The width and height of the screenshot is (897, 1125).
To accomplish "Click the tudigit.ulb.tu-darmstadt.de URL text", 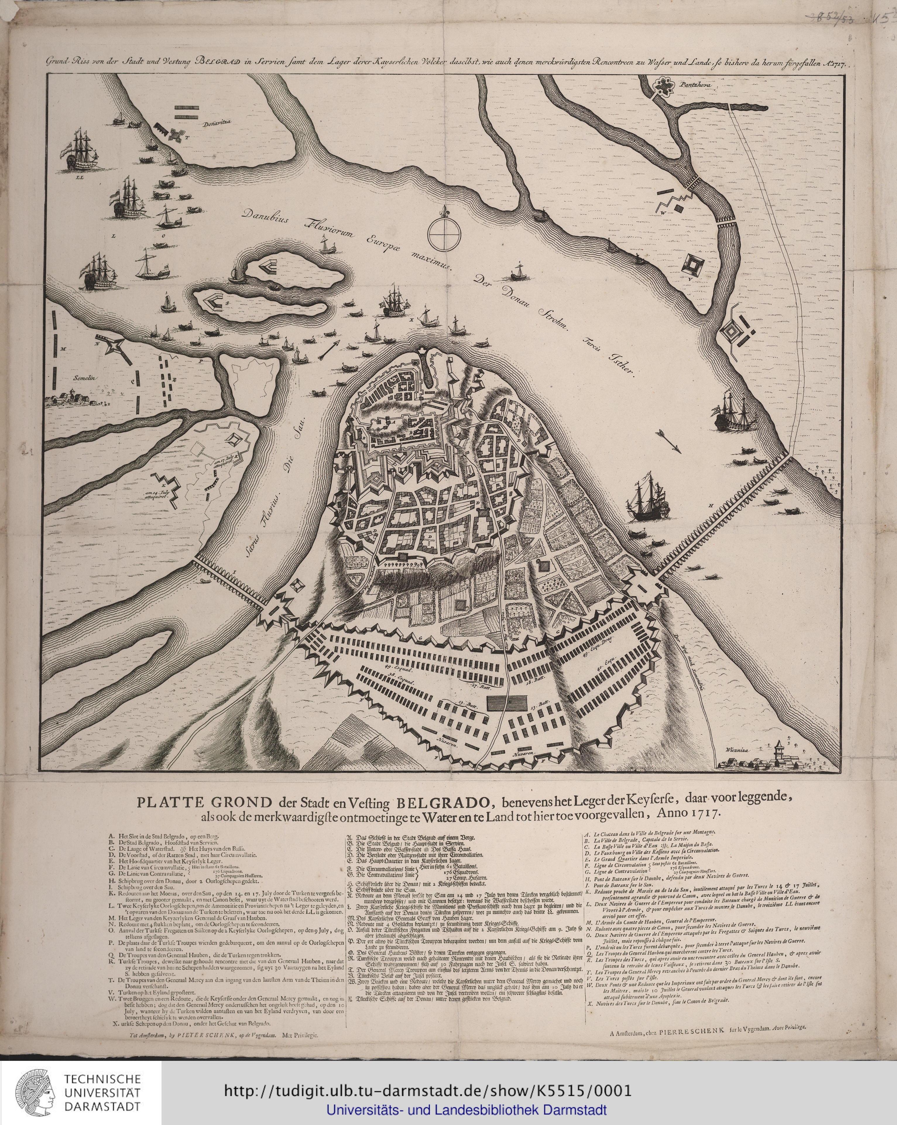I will click(428, 1092).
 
